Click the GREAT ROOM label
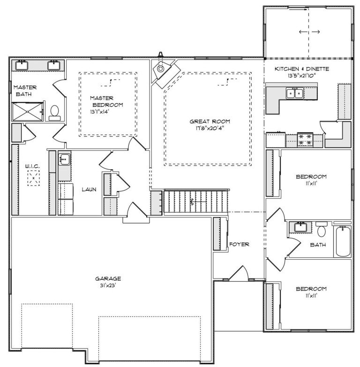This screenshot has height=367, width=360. [x=210, y=121]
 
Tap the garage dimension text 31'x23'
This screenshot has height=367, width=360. [x=108, y=285]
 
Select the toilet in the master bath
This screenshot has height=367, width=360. [x=55, y=113]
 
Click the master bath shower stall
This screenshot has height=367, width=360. [x=28, y=112]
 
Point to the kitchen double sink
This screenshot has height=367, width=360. [x=295, y=93]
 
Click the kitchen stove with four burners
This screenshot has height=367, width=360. [x=305, y=140]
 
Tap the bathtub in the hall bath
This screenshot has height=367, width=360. [x=344, y=241]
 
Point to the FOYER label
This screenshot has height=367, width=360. [x=239, y=244]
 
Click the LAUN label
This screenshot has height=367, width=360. [x=89, y=189]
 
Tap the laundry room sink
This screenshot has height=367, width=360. [x=64, y=160]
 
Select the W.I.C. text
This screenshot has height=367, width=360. [x=32, y=166]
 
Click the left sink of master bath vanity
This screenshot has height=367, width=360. [x=22, y=65]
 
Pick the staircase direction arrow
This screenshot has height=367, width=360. [x=198, y=202]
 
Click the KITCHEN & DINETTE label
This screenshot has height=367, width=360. [x=302, y=69]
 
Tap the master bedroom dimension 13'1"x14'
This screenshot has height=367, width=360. [x=99, y=112]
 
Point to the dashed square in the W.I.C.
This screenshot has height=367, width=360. [x=33, y=178]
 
